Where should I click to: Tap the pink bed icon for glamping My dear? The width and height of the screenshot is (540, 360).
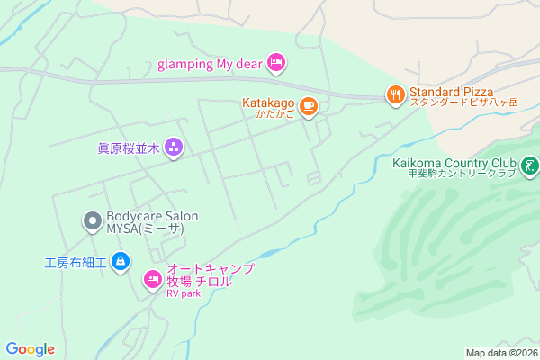[277, 61]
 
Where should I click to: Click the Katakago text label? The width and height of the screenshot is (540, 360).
[267, 103]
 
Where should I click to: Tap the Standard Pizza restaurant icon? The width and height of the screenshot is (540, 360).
[394, 94]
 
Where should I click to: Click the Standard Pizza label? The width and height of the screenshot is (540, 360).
[451, 91]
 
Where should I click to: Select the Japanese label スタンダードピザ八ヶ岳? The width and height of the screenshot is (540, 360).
[464, 103]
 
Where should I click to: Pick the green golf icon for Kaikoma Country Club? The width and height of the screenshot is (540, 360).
[530, 165]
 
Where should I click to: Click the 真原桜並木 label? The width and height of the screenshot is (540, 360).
[129, 148]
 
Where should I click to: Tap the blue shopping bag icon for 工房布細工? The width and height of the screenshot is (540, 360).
[121, 263]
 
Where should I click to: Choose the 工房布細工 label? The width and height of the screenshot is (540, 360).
[76, 263]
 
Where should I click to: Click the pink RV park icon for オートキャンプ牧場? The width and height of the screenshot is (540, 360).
[152, 281]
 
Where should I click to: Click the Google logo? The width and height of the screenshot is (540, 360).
[30, 349]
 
